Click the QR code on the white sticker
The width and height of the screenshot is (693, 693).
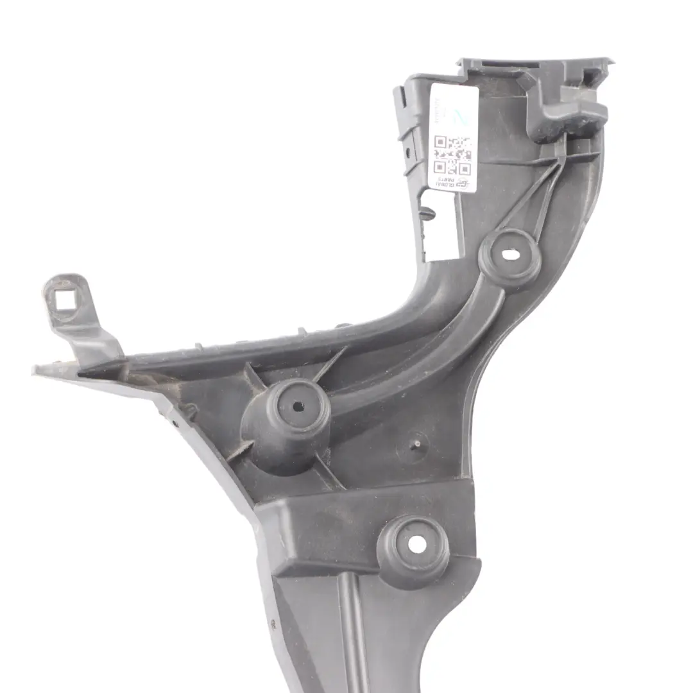click(452, 155)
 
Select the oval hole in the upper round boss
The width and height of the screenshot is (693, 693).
click(511, 255)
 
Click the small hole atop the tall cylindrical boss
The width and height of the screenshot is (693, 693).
click(298, 406)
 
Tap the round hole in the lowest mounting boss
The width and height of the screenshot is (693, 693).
click(416, 543)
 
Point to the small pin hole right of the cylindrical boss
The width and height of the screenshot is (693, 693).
click(417, 443)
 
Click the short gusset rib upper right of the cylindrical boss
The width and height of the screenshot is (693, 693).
click(331, 363)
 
